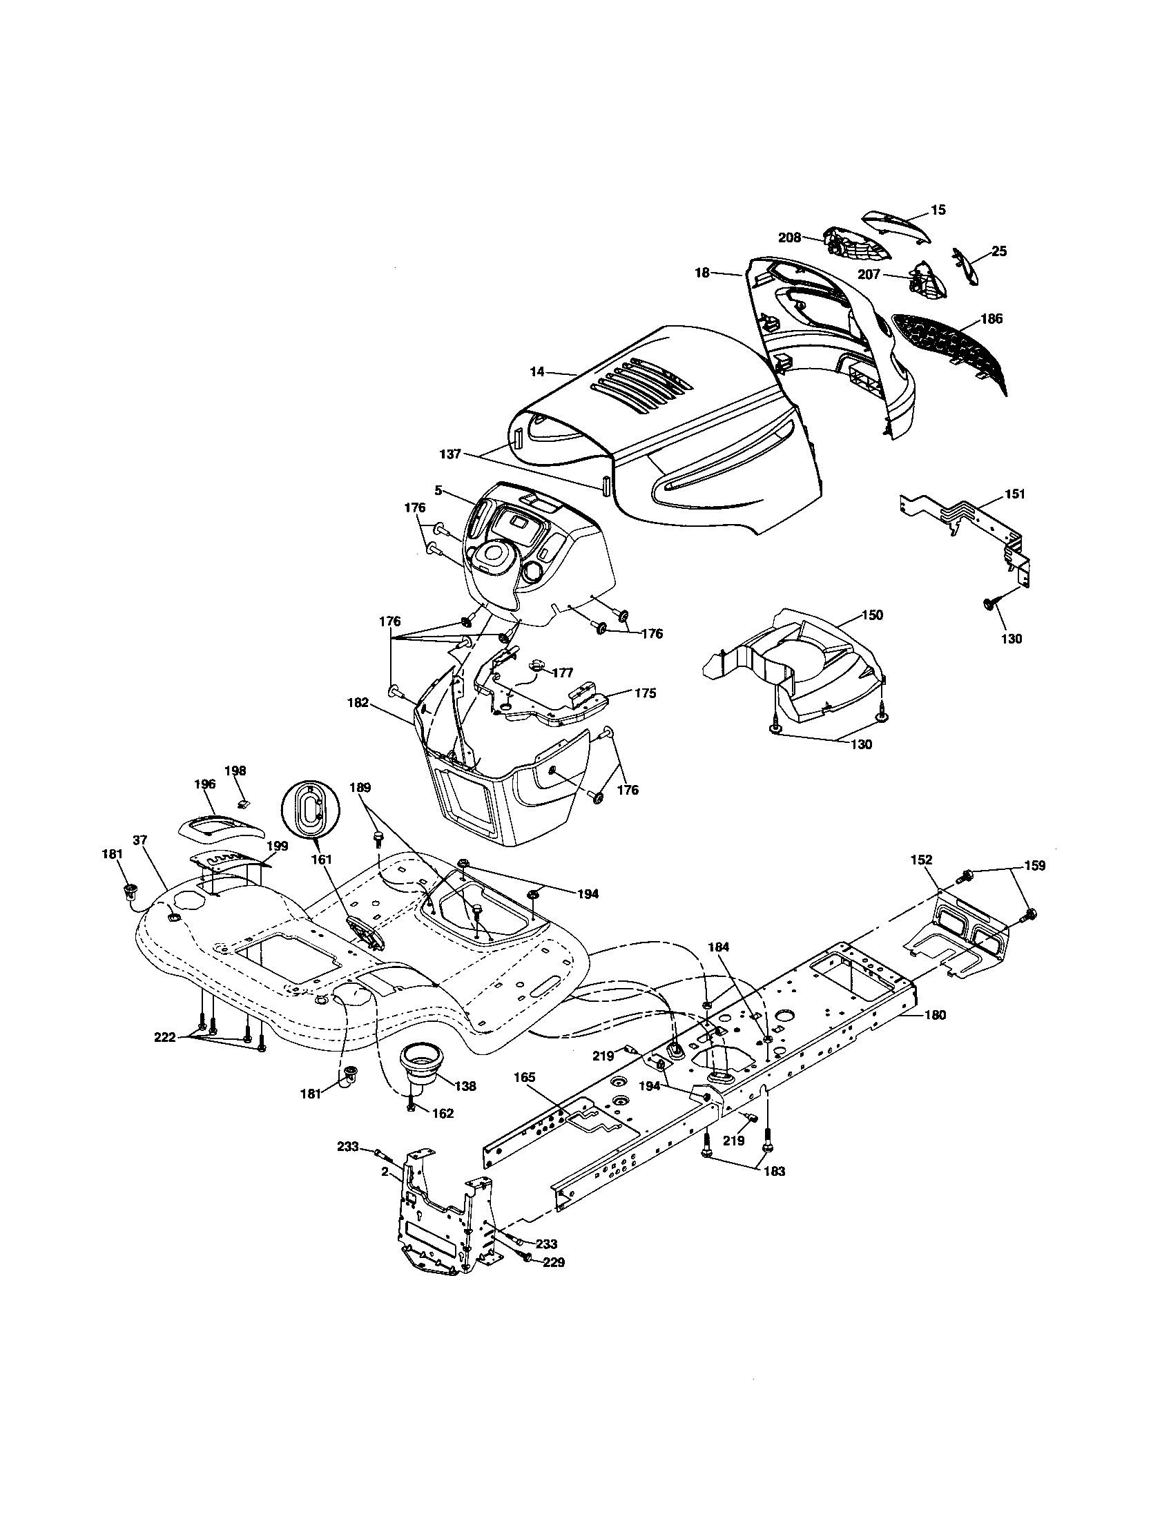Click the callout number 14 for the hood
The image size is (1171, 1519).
click(x=537, y=372)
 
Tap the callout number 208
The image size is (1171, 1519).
click(x=789, y=237)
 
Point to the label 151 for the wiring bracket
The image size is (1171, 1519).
click(x=1014, y=494)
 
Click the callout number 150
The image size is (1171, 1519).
click(x=872, y=615)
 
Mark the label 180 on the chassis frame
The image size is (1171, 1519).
click(x=936, y=1015)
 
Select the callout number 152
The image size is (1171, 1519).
click(x=921, y=860)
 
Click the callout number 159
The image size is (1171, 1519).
click(x=1034, y=866)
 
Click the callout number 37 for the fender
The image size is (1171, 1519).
click(x=139, y=840)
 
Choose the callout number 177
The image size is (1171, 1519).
click(x=563, y=673)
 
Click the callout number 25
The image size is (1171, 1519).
click(x=998, y=252)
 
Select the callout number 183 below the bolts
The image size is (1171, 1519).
click(x=774, y=1171)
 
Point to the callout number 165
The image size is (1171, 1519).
click(x=524, y=1077)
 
